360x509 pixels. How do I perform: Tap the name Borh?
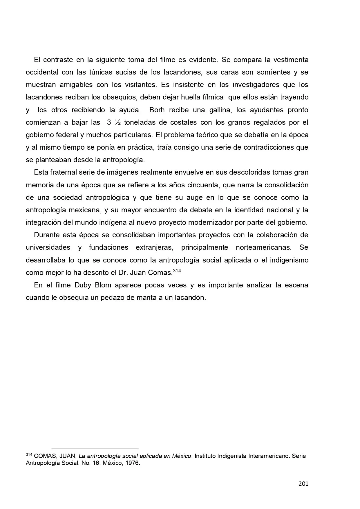(x=157, y=110)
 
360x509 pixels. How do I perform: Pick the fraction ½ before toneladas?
(x=117, y=122)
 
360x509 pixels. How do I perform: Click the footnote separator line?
(x=95, y=448)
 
